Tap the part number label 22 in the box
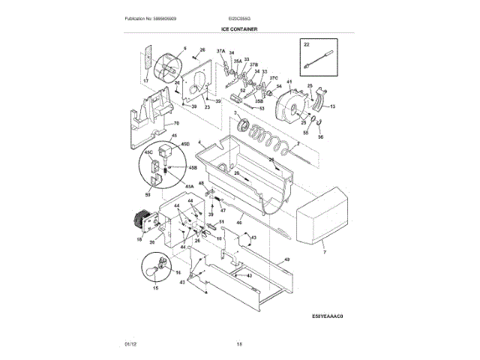pyautogui.click(x=306, y=46)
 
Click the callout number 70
pyautogui.click(x=176, y=124)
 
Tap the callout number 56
pyautogui.click(x=320, y=136)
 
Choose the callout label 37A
pyautogui.click(x=220, y=51)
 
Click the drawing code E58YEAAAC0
pyautogui.click(x=328, y=316)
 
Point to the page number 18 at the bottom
pyautogui.click(x=239, y=343)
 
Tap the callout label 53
pyautogui.click(x=262, y=107)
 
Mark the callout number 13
pyautogui.click(x=332, y=107)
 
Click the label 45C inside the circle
pyautogui.click(x=148, y=152)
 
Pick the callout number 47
pyautogui.click(x=222, y=211)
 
